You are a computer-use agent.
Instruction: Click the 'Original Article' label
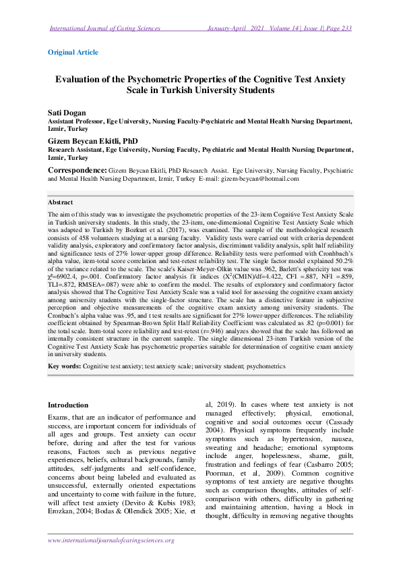pyautogui.click(x=73, y=52)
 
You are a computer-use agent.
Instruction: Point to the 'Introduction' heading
pyautogui.click(x=67, y=405)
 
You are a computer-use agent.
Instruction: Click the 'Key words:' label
pyautogui.click(x=65, y=366)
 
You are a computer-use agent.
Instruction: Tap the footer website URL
pyautogui.click(x=111, y=540)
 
